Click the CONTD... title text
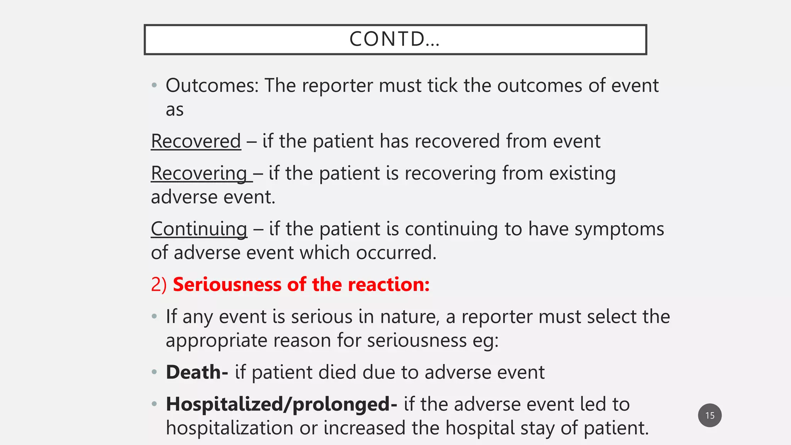[x=394, y=39]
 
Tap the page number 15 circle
[x=710, y=415]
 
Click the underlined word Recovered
[x=196, y=141]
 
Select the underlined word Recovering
[x=199, y=173]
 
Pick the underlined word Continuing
[x=199, y=229]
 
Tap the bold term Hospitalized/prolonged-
[x=281, y=404]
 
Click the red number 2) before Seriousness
[x=159, y=285]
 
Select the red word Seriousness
[x=227, y=285]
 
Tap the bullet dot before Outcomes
[x=154, y=85]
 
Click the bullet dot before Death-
[x=154, y=372]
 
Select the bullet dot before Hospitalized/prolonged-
[x=154, y=404]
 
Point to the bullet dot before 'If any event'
[x=154, y=317]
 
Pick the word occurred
[x=396, y=253]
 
